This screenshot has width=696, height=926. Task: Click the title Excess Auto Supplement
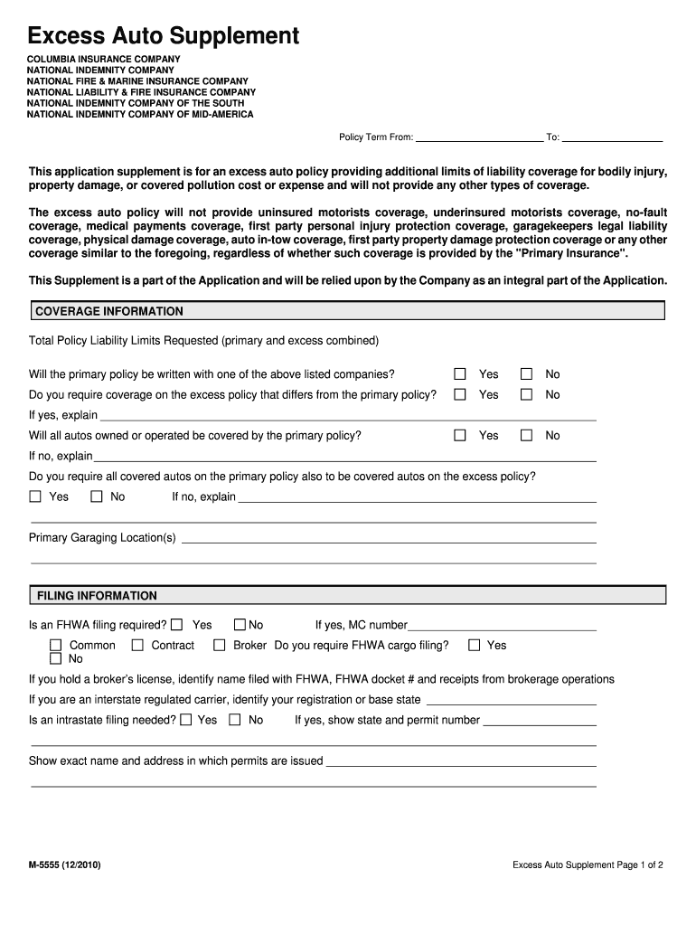[163, 36]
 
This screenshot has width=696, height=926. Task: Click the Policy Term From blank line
[479, 137]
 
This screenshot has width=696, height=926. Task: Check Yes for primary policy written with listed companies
[460, 374]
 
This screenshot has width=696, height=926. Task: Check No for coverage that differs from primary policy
[527, 395]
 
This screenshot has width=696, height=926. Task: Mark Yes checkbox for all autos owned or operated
[460, 436]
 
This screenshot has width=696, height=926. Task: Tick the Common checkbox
[55, 646]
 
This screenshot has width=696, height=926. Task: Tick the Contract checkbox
[137, 646]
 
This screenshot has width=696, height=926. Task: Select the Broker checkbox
[219, 646]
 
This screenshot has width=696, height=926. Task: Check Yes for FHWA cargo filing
[474, 646]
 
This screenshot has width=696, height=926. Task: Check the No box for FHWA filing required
[240, 625]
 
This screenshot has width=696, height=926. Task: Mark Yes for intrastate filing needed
[186, 721]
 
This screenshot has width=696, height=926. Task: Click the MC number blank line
[502, 626]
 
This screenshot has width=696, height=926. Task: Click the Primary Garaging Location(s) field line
[389, 539]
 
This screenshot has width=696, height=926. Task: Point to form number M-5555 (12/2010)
[64, 865]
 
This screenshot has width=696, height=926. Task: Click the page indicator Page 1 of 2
[588, 865]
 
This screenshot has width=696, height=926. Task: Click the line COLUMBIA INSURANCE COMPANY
[103, 59]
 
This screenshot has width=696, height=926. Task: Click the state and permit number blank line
[539, 722]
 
